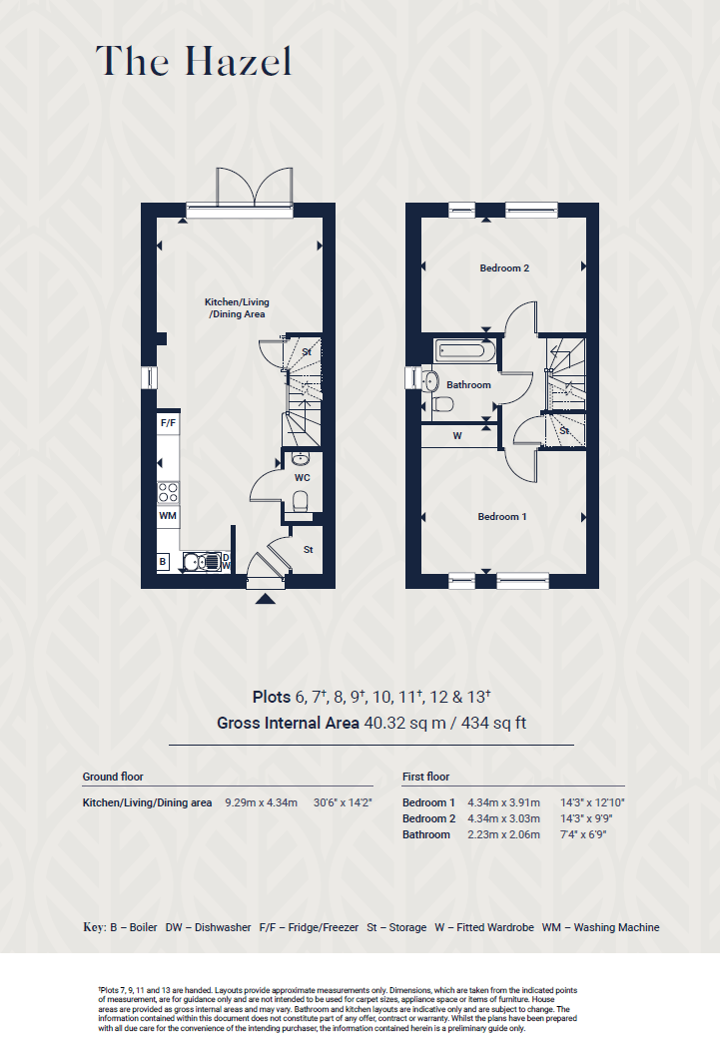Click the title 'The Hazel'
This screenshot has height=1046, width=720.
194,62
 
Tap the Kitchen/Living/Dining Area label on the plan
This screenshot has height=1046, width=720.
237,308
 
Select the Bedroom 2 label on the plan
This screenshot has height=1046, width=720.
503,267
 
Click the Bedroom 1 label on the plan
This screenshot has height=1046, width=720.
501,516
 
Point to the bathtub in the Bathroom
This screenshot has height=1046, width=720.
460,351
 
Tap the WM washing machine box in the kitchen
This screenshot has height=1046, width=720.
168,516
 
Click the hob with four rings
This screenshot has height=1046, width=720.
169,491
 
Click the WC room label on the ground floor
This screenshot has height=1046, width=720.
302,477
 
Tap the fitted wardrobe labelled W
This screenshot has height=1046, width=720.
457,436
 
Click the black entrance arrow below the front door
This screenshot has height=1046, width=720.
265,599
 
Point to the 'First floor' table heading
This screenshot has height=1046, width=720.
426,777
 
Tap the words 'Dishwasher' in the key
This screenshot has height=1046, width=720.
223,927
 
